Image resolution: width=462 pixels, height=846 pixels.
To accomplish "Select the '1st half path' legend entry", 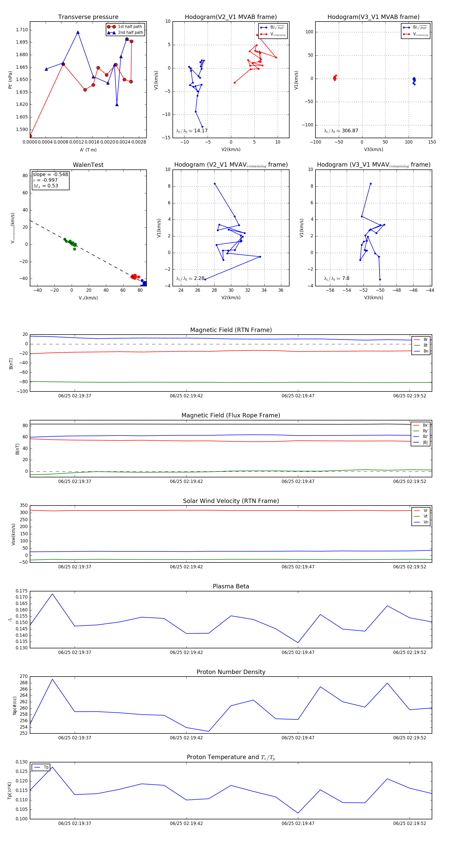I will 130,27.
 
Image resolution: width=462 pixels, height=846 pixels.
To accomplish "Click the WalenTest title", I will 88,165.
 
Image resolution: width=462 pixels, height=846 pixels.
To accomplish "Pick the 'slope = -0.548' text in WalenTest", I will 50,174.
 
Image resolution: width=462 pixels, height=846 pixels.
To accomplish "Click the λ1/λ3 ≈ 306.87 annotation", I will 341,131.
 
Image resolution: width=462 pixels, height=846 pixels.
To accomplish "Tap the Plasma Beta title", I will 231,586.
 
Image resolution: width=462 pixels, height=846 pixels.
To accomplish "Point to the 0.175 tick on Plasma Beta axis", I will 22,591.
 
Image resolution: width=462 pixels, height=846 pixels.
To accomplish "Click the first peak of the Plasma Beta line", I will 52,594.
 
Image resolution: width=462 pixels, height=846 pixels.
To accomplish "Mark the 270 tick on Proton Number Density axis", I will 24,677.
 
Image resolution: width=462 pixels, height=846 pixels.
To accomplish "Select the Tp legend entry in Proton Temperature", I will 46,767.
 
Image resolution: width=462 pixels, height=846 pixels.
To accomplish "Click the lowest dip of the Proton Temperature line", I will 298,813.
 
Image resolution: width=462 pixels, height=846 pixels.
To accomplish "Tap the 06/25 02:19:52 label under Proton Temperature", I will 409,823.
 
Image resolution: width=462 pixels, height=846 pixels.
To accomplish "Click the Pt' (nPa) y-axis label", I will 10,80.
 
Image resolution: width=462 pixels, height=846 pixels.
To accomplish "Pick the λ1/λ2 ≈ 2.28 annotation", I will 190,278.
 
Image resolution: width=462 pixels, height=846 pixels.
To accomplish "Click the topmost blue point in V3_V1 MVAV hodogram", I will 371,184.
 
